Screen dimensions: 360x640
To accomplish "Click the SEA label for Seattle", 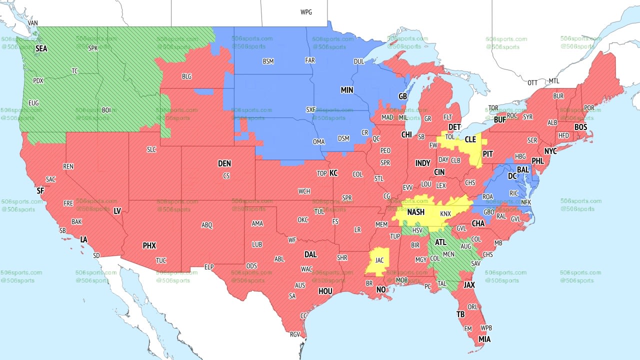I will point(41,49).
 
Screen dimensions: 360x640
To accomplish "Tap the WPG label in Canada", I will point(306,12).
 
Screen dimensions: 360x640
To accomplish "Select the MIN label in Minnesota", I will point(347,90).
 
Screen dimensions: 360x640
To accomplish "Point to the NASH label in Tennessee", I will point(415,212).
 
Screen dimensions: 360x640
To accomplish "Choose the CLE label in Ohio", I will point(470,140).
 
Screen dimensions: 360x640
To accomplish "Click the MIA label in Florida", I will point(484,339).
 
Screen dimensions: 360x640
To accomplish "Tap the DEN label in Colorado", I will point(224,163).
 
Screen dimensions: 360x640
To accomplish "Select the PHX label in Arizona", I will point(149,245).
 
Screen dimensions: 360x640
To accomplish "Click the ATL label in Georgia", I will point(440,242).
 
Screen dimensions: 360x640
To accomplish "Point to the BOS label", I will point(580,127).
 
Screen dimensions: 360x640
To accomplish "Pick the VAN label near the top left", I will point(33,23).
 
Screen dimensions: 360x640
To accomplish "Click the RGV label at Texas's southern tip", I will point(294,334).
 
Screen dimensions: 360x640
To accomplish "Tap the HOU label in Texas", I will point(325,291).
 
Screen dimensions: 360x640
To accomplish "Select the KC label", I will point(333,173).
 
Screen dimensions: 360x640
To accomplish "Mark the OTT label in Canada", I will point(532,82).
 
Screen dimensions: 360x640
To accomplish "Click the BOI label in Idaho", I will point(106,109).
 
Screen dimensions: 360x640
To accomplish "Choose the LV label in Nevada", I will point(117,211).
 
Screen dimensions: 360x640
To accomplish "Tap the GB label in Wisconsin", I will point(402,96).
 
